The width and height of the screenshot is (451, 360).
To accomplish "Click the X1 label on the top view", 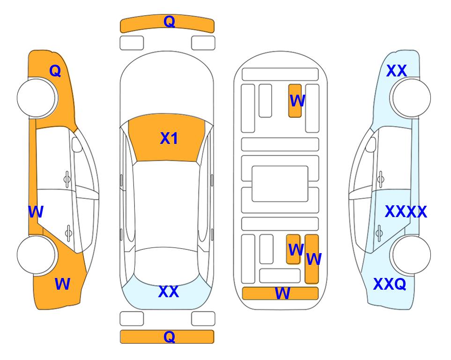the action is tap(169, 138).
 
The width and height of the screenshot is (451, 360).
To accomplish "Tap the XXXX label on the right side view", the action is tap(406, 212).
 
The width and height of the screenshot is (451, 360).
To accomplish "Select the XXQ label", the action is tap(390, 284).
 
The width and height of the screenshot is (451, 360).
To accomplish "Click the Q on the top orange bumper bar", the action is tap(170, 22).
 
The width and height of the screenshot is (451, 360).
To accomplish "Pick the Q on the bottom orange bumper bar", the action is tap(170, 337).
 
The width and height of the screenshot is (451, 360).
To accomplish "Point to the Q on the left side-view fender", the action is tap(55, 71).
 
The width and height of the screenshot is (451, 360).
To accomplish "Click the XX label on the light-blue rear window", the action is tap(169, 292).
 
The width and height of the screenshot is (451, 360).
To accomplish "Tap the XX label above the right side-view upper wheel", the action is tap(396, 71).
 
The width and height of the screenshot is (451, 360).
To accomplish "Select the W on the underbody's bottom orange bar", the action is tap(282, 293).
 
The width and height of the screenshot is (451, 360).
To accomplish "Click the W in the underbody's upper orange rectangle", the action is tap(297, 101).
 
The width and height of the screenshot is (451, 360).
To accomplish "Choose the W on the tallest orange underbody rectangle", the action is tap(314, 259).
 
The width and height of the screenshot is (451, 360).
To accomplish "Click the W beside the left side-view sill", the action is tap(36, 212).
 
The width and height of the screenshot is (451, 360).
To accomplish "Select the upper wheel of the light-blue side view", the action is tap(410, 98).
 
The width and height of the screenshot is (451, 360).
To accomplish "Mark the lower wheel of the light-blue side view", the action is tap(410, 255).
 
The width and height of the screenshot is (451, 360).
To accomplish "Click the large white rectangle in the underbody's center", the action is tap(280, 184).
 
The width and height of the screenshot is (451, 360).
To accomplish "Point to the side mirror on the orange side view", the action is tap(77, 144).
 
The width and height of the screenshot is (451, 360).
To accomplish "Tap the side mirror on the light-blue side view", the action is tap(371, 144).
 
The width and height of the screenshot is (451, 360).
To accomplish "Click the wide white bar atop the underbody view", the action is tap(280, 75).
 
